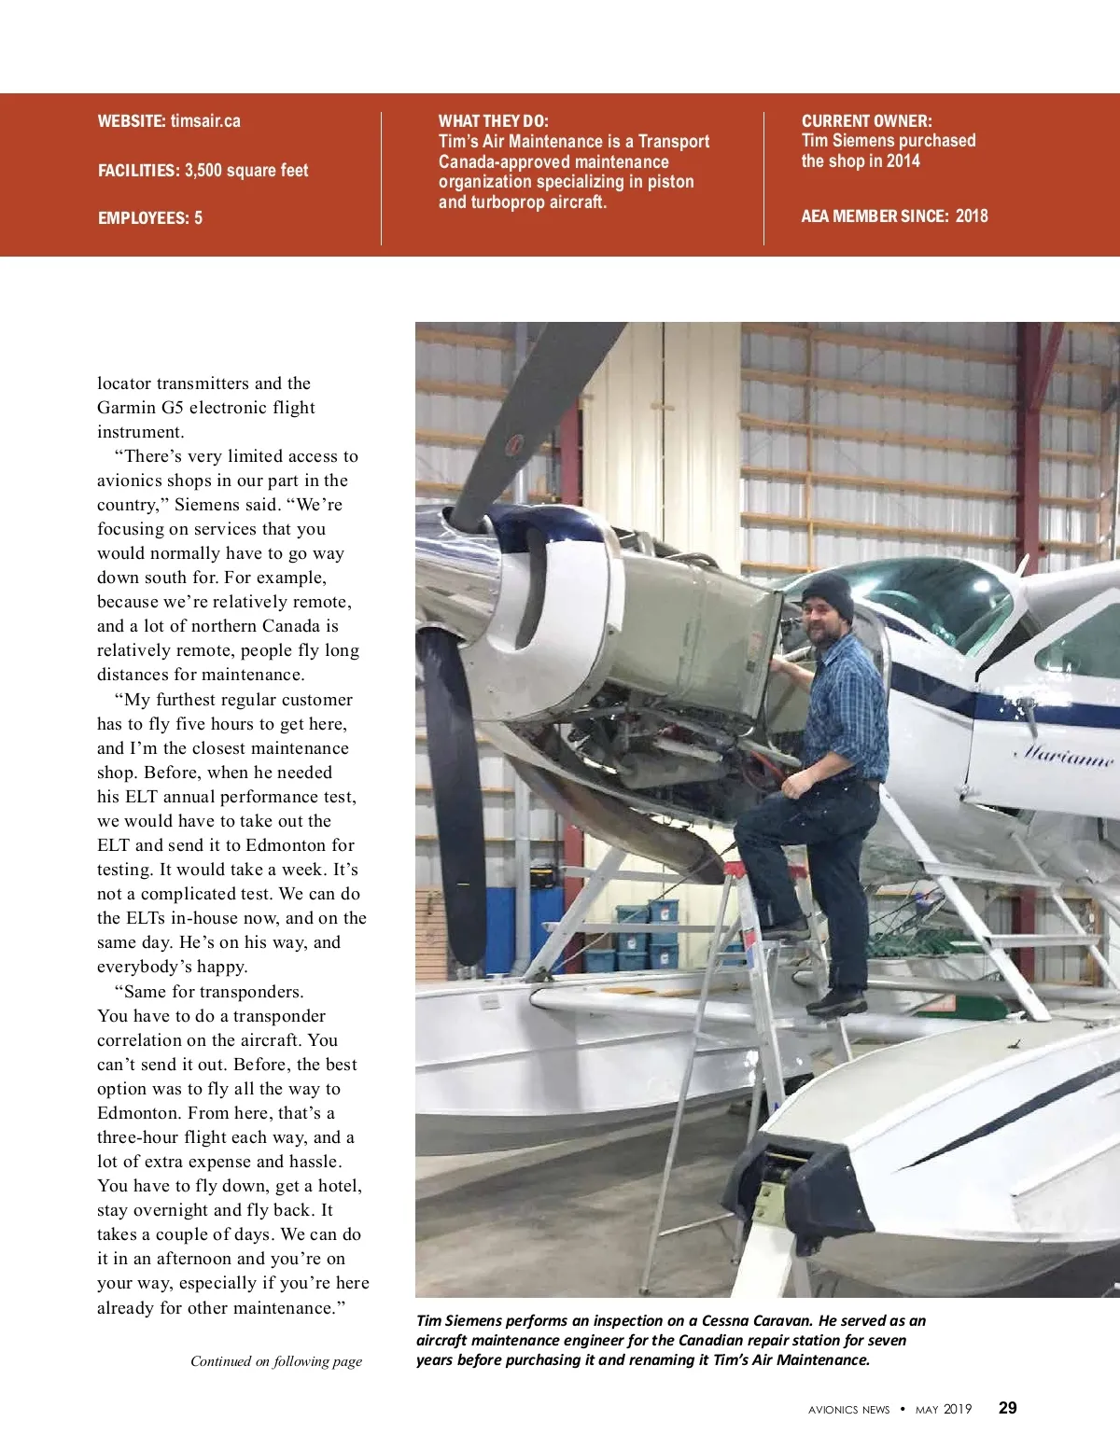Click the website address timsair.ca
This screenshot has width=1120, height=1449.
(x=204, y=121)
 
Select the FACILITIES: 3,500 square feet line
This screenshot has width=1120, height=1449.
(x=203, y=171)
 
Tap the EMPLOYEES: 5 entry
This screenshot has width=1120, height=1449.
(x=150, y=218)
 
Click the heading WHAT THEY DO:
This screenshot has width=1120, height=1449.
(x=493, y=121)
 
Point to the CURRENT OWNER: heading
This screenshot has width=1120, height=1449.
(x=866, y=121)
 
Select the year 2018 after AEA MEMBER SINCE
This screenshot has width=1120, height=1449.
(x=971, y=216)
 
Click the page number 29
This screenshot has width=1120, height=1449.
(x=1008, y=1408)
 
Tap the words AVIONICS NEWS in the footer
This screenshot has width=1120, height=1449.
(x=848, y=1410)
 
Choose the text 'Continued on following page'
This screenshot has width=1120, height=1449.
(x=276, y=1361)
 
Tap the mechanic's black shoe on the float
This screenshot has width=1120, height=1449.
(x=836, y=1002)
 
